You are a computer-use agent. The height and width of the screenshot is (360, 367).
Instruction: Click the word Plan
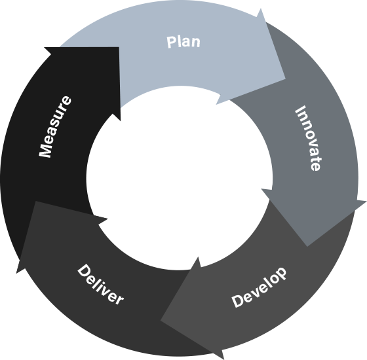tap(183, 42)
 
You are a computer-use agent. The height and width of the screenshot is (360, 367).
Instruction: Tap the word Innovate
tap(309, 138)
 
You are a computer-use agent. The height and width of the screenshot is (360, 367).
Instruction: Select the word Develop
tap(259, 287)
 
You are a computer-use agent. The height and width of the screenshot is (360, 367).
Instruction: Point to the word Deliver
tap(100, 285)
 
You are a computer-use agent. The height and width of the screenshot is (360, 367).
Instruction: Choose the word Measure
tap(55, 127)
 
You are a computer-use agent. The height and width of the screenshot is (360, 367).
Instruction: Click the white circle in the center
tap(180, 178)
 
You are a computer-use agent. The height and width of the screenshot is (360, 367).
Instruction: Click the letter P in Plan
tap(171, 43)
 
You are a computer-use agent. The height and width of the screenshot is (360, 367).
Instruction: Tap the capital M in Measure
tap(45, 149)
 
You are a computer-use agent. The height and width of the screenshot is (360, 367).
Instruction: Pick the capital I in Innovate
tap(300, 109)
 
